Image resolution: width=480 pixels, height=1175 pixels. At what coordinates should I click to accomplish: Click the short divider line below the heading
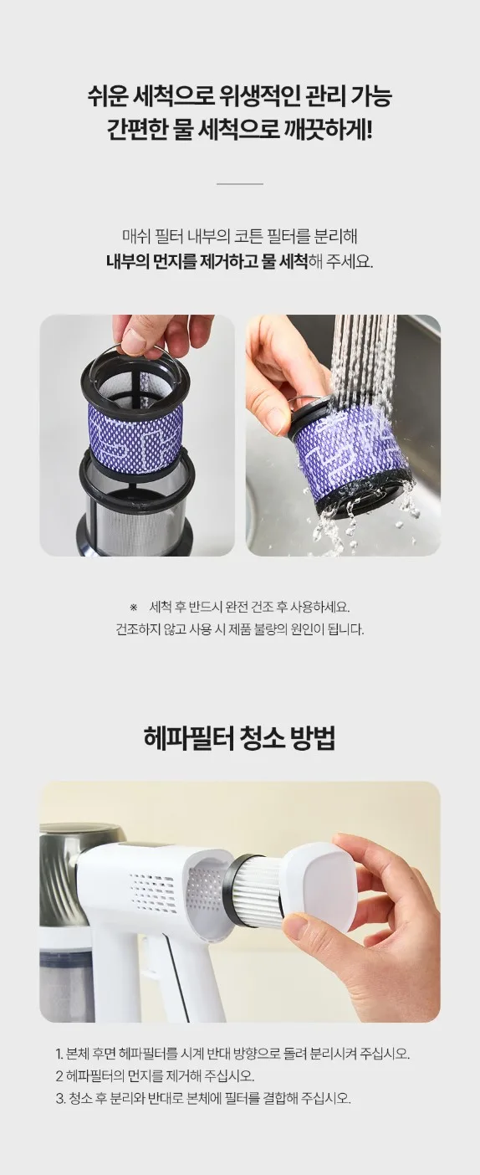(240, 184)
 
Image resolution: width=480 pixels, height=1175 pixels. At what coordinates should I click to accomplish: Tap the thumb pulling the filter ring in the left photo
(135, 341)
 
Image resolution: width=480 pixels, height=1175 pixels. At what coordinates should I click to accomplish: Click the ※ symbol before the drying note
(133, 608)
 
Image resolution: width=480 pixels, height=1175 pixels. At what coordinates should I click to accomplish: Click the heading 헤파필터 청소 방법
(239, 738)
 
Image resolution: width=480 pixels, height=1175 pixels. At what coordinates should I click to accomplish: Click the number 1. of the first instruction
(59, 1054)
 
